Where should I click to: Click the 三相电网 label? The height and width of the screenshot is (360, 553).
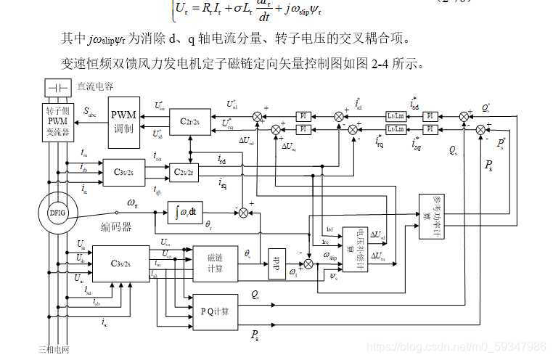[x=54, y=349]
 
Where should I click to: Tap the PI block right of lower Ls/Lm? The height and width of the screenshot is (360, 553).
[x=430, y=128]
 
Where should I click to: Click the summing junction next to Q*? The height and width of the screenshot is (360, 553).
[x=464, y=115]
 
